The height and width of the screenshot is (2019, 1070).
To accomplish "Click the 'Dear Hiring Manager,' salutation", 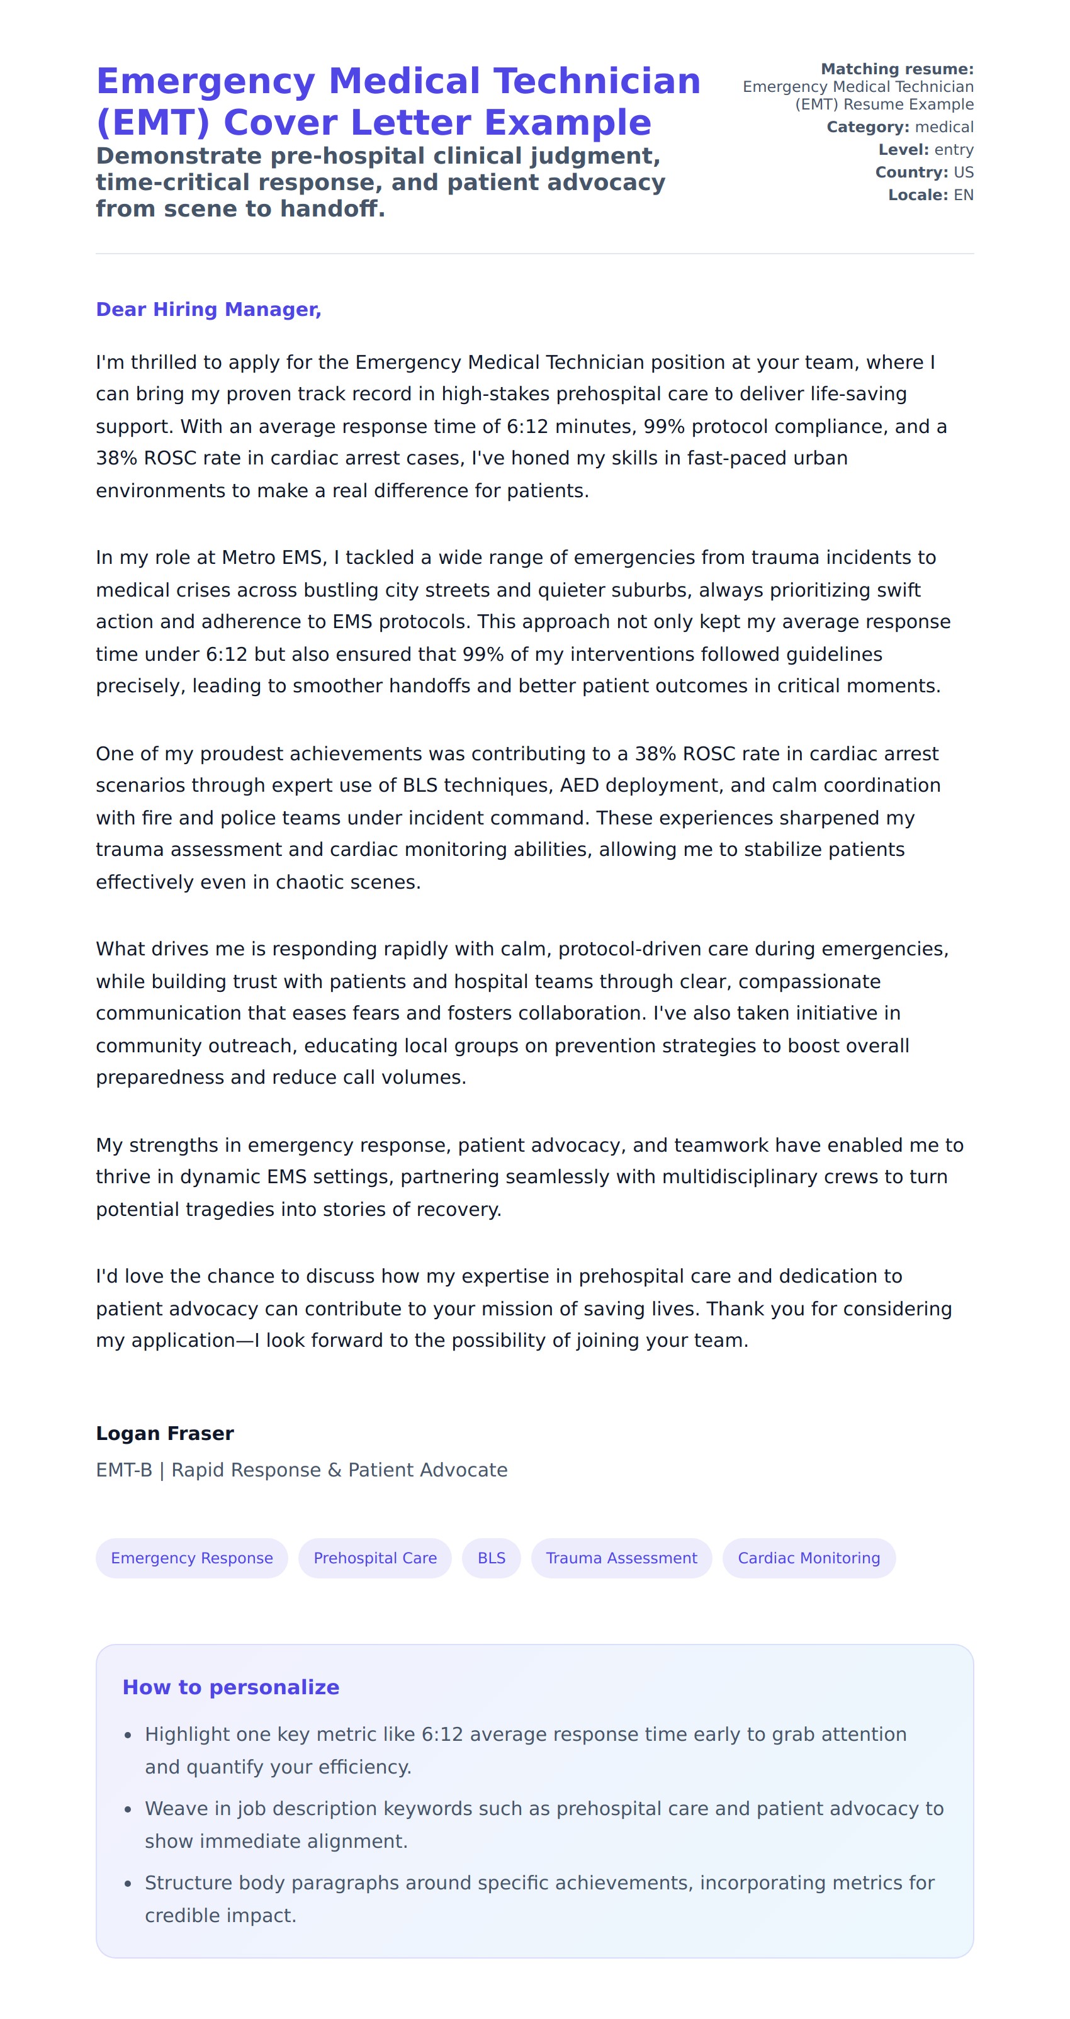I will [208, 310].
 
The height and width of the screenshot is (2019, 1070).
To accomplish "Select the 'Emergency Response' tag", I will [191, 1558].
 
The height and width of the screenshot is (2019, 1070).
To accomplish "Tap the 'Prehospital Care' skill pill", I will [374, 1558].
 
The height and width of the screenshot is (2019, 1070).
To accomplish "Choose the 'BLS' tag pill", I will [492, 1558].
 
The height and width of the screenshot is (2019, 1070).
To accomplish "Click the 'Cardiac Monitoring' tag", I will [808, 1558].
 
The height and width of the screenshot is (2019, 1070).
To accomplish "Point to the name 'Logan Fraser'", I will [165, 1434].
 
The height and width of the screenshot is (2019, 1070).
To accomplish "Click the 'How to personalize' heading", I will [230, 1687].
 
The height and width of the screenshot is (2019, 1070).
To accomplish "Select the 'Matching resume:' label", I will [897, 69].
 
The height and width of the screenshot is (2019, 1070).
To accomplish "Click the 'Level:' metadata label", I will [903, 150].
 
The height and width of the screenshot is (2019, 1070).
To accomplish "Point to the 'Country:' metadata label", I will [911, 172].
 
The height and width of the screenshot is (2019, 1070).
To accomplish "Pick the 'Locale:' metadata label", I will [918, 195].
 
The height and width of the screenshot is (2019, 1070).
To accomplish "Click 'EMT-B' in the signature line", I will [124, 1470].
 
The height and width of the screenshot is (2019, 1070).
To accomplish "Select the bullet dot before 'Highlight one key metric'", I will [128, 1736].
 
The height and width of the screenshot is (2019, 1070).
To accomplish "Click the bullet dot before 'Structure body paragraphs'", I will [128, 1884].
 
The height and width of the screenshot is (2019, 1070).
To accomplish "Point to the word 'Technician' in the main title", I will [597, 82].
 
